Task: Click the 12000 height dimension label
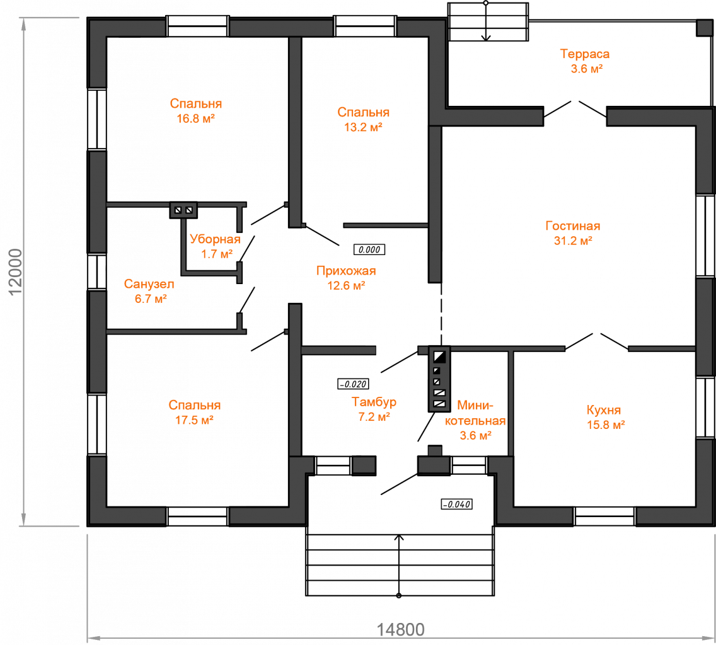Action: point(15,272)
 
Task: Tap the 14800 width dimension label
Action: point(400,630)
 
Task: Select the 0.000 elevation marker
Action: point(369,249)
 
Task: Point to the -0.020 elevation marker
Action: point(353,384)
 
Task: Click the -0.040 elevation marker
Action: point(456,505)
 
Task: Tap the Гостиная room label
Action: point(573,226)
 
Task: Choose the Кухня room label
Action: point(604,410)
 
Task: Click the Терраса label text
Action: point(585,54)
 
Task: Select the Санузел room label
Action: point(149,284)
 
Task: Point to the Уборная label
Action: point(215,239)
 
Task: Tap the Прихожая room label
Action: point(346,271)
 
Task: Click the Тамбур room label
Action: point(374,402)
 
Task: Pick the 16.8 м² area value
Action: point(196,118)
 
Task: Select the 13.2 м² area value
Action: point(363,127)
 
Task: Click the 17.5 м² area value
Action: point(195,420)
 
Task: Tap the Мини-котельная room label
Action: point(475,413)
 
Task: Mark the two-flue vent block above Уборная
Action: point(183,210)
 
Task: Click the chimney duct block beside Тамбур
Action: point(439,379)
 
